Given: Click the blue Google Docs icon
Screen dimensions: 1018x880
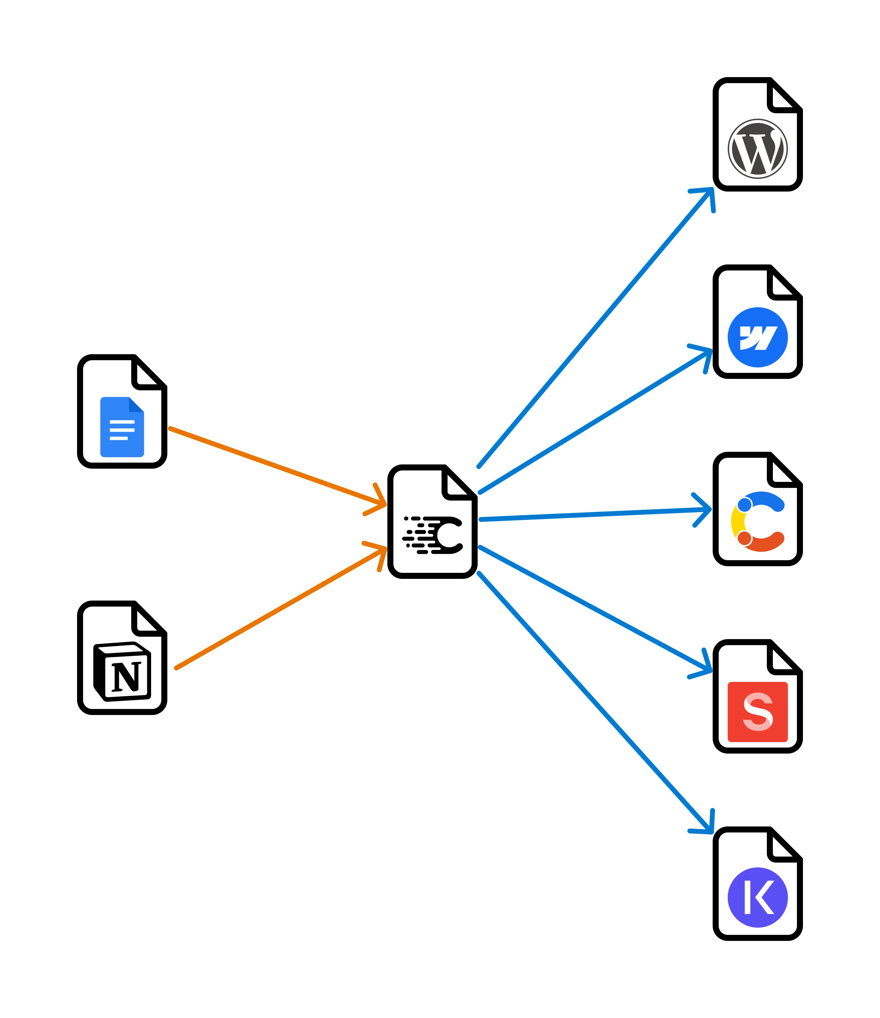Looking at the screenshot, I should click(x=122, y=426).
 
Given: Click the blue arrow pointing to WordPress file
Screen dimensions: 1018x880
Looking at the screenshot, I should click(x=594, y=328).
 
